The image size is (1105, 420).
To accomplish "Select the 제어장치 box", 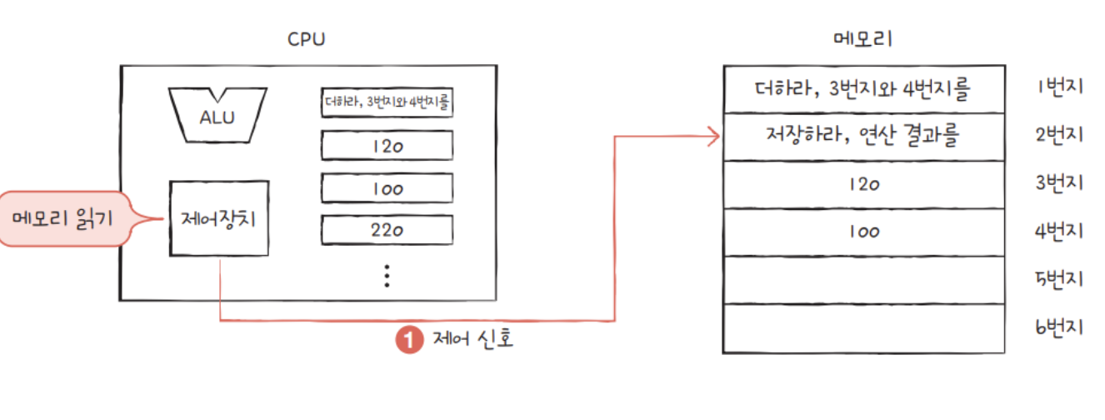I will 219,218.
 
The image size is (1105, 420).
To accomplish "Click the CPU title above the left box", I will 306,40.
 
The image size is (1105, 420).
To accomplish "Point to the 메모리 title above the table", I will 862,39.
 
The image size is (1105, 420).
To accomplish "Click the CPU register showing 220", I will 387,229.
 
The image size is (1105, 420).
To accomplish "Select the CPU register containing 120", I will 387,146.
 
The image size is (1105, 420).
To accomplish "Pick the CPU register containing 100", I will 387,188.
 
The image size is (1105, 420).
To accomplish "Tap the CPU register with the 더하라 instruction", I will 387,103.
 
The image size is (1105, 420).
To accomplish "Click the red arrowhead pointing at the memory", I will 712,136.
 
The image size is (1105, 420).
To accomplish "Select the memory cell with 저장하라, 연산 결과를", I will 863,136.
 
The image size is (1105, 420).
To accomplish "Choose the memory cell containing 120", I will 863,184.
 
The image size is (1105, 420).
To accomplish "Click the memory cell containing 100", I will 863,232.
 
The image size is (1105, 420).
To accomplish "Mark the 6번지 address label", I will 1058,328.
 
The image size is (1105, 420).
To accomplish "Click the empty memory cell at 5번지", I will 863,280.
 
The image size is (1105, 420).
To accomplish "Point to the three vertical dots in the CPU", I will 387,275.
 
